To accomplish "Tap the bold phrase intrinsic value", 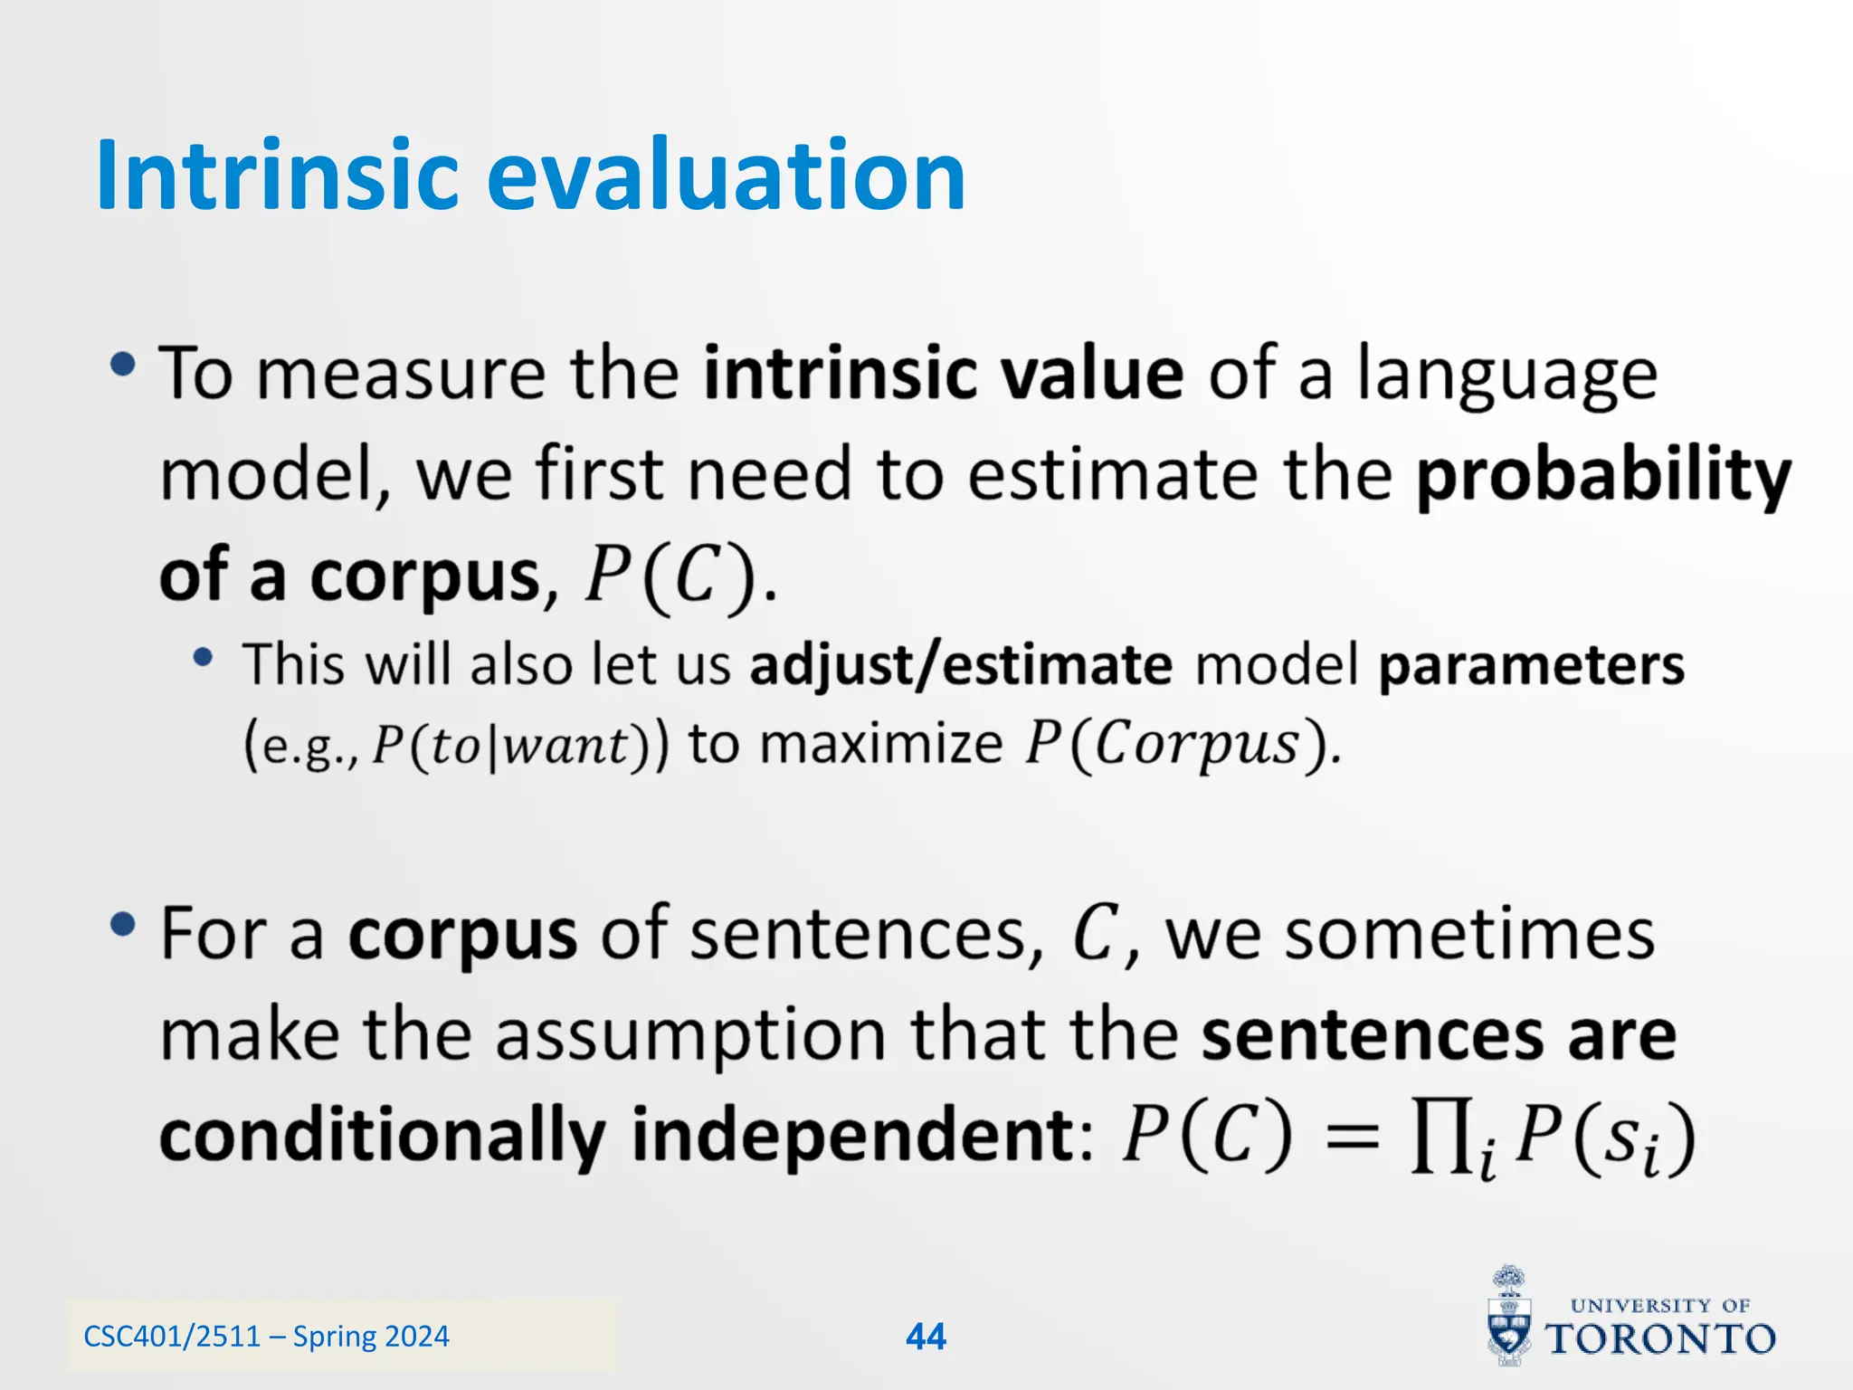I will tap(944, 374).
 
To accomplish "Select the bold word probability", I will tap(1602, 476).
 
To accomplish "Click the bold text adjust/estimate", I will tap(961, 665).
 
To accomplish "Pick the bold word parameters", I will tap(1531, 665).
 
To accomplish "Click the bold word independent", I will tap(850, 1135).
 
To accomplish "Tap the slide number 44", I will tap(926, 1337).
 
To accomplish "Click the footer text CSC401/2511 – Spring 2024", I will tap(266, 1337).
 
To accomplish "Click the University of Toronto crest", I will tap(1509, 1317).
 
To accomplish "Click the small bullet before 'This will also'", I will tap(204, 658).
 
